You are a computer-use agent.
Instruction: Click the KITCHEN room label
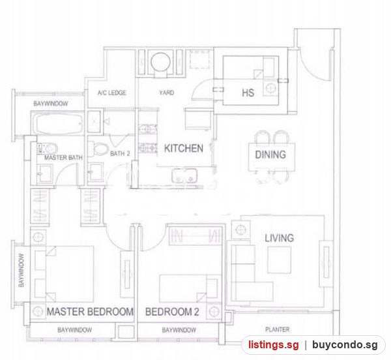click(x=184, y=149)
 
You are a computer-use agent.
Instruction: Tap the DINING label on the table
click(x=270, y=155)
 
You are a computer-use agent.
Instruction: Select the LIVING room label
click(x=280, y=238)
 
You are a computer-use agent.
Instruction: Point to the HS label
click(x=248, y=93)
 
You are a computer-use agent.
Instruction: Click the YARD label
click(x=167, y=93)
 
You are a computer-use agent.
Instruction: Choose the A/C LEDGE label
click(x=111, y=93)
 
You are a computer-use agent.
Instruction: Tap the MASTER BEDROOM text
click(x=90, y=312)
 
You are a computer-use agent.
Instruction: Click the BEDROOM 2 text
click(x=172, y=312)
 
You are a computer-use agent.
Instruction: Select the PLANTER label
click(x=278, y=329)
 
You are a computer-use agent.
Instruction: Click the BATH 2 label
click(x=120, y=153)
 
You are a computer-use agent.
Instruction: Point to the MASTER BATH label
click(x=63, y=158)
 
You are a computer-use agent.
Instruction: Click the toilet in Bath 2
click(x=98, y=149)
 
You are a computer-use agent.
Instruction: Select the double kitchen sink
click(x=184, y=175)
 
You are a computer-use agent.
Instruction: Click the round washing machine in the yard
click(x=161, y=62)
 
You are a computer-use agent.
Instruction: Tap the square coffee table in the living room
click(x=279, y=260)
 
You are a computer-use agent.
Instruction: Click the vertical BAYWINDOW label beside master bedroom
click(x=22, y=270)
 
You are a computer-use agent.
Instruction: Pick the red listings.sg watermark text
click(x=273, y=345)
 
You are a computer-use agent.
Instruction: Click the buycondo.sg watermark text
click(x=345, y=345)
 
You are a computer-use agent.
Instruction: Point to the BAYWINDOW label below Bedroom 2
click(x=179, y=330)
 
